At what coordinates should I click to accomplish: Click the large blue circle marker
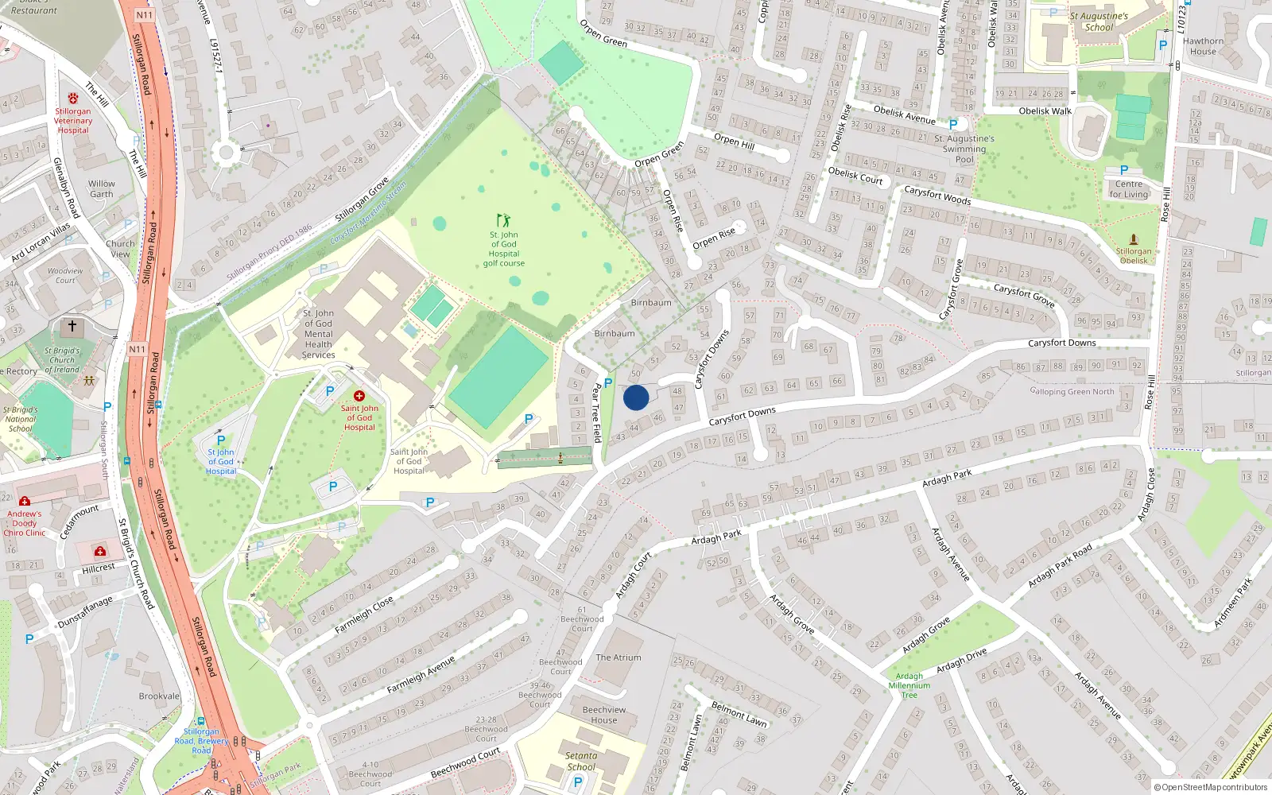pyautogui.click(x=636, y=397)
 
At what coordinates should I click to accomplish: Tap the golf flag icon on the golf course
pyautogui.click(x=503, y=219)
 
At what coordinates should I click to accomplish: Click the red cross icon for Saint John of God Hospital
pyautogui.click(x=359, y=396)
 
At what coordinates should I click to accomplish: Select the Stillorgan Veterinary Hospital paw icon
pyautogui.click(x=73, y=99)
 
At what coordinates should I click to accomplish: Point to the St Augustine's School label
pyautogui.click(x=1099, y=21)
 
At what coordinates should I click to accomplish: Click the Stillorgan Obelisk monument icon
pyautogui.click(x=1134, y=239)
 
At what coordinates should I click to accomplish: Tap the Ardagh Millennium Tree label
pyautogui.click(x=909, y=685)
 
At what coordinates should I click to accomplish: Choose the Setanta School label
pyautogui.click(x=581, y=761)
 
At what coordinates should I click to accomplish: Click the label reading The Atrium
pyautogui.click(x=619, y=657)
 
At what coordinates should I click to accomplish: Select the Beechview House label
pyautogui.click(x=604, y=715)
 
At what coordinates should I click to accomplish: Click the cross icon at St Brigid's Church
pyautogui.click(x=72, y=326)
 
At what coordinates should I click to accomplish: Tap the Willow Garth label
pyautogui.click(x=102, y=188)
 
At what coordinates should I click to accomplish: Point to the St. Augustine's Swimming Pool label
pyautogui.click(x=964, y=149)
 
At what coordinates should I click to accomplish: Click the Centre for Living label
pyautogui.click(x=1129, y=189)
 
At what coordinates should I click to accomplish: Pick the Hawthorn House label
pyautogui.click(x=1203, y=46)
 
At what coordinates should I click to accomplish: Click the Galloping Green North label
pyautogui.click(x=1072, y=391)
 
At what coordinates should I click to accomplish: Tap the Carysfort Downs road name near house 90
pyautogui.click(x=1061, y=343)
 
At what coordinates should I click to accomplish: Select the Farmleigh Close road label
pyautogui.click(x=364, y=615)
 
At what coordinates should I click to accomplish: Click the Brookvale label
pyautogui.click(x=159, y=696)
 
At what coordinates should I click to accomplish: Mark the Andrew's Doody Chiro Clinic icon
pyautogui.click(x=25, y=502)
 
